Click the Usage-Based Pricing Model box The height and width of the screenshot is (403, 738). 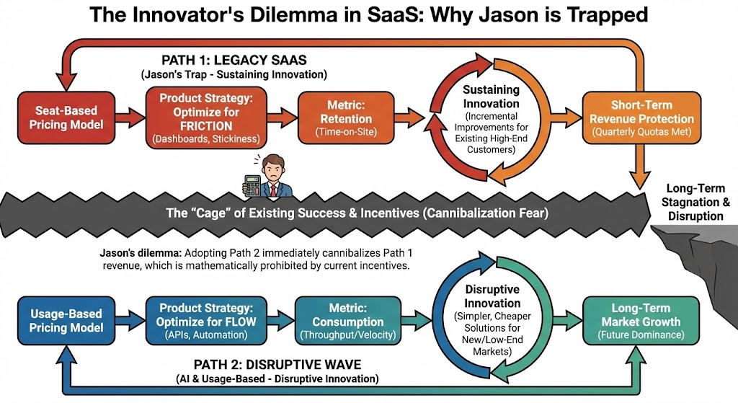tap(67, 321)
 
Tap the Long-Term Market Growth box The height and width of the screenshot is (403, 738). tap(631, 320)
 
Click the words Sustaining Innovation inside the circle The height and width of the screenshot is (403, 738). tap(491, 96)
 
